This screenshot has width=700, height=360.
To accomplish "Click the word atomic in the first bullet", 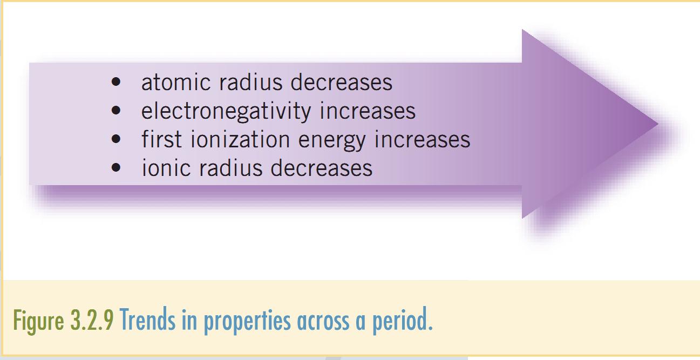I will (172, 83).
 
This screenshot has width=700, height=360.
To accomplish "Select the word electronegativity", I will (226, 111).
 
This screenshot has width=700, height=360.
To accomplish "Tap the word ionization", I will (240, 140).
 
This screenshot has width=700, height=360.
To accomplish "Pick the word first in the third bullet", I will (161, 140).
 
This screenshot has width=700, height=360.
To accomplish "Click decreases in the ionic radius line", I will (321, 168).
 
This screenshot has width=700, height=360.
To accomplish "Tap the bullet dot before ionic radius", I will (115, 168).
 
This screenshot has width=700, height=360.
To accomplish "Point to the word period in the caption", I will (402, 321).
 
